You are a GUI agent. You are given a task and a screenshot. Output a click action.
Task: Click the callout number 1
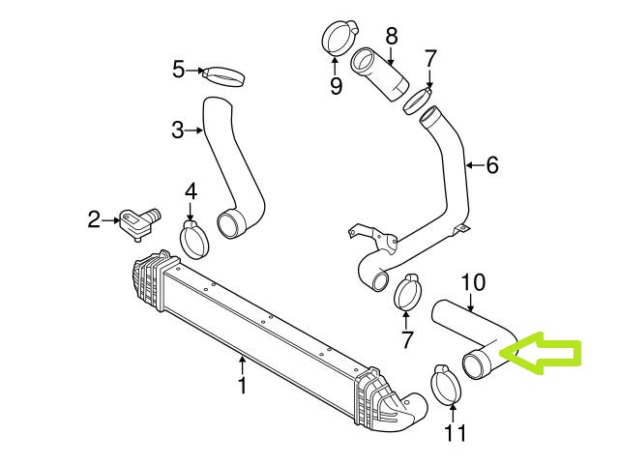point(242,387)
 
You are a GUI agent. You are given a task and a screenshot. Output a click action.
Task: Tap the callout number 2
point(94,220)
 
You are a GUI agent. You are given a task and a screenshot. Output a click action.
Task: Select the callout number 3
point(178,130)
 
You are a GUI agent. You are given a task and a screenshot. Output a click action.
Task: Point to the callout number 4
point(192,191)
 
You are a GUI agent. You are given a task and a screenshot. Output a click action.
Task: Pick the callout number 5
point(178,69)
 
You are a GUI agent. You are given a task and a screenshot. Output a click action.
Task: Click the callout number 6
point(492,165)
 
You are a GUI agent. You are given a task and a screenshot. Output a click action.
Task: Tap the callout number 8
point(392,37)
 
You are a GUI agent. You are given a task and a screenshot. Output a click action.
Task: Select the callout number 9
point(336,87)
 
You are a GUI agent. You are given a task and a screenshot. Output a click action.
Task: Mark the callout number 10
point(472,282)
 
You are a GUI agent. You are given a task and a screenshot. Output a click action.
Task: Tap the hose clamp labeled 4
point(194,238)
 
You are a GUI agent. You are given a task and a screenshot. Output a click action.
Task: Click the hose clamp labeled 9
point(337,41)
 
